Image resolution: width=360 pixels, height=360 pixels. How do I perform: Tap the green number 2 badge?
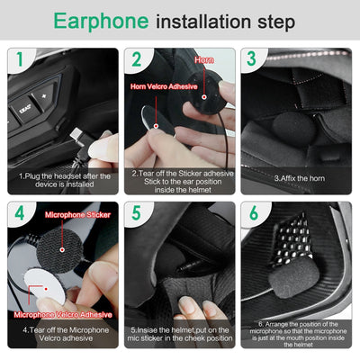pyautogui.click(x=137, y=60)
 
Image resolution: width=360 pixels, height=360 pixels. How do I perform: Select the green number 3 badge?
pyautogui.click(x=255, y=60)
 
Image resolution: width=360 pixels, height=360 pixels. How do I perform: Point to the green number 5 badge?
pyautogui.click(x=137, y=215)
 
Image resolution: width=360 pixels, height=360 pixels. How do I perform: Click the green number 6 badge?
pyautogui.click(x=255, y=215)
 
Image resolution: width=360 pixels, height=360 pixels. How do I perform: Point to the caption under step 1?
pyautogui.click(x=63, y=179)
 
